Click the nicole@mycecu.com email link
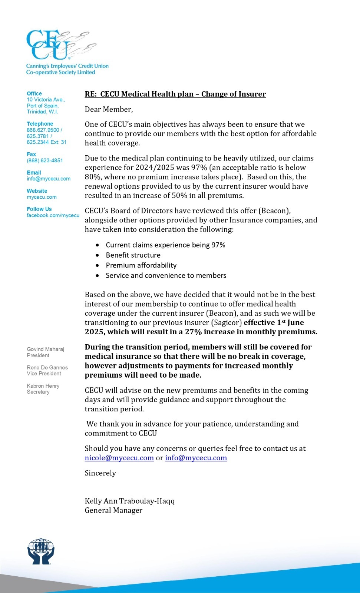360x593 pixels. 119,458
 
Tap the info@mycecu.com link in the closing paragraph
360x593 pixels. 196,458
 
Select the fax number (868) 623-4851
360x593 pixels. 45,160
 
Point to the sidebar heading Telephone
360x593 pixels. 40,124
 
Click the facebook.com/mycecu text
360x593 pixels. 53,215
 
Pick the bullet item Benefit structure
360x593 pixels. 133,255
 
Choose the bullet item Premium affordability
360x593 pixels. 141,265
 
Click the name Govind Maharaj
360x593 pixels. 45,349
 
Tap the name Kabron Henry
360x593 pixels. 43,386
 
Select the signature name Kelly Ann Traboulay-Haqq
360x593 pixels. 130,501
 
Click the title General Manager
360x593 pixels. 113,510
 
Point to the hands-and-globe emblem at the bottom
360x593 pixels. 41,551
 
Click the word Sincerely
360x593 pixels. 100,473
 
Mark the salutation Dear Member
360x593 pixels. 109,109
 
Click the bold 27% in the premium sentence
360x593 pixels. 193,332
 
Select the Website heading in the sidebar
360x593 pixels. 37,191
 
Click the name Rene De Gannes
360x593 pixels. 47,367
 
